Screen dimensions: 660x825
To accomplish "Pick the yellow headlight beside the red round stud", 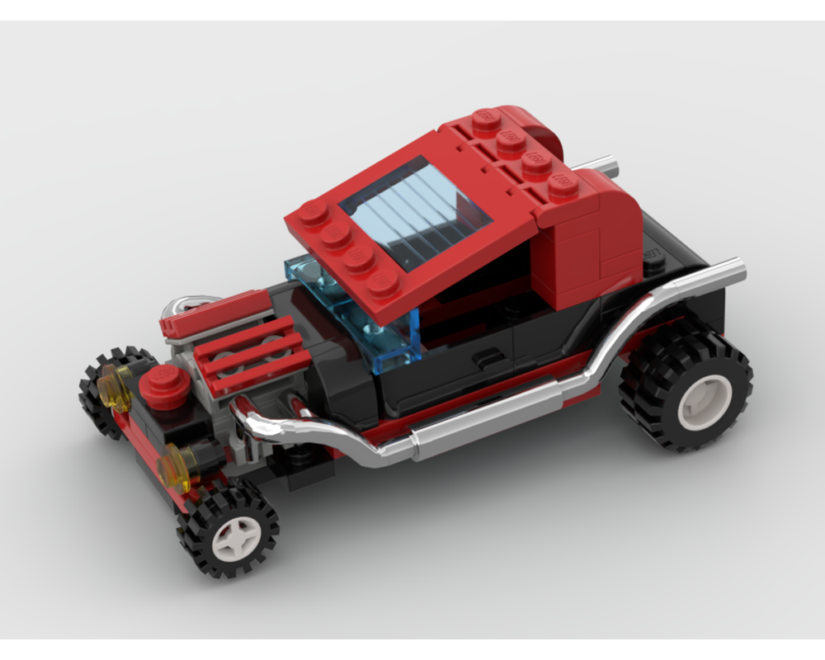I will pos(115,390).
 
